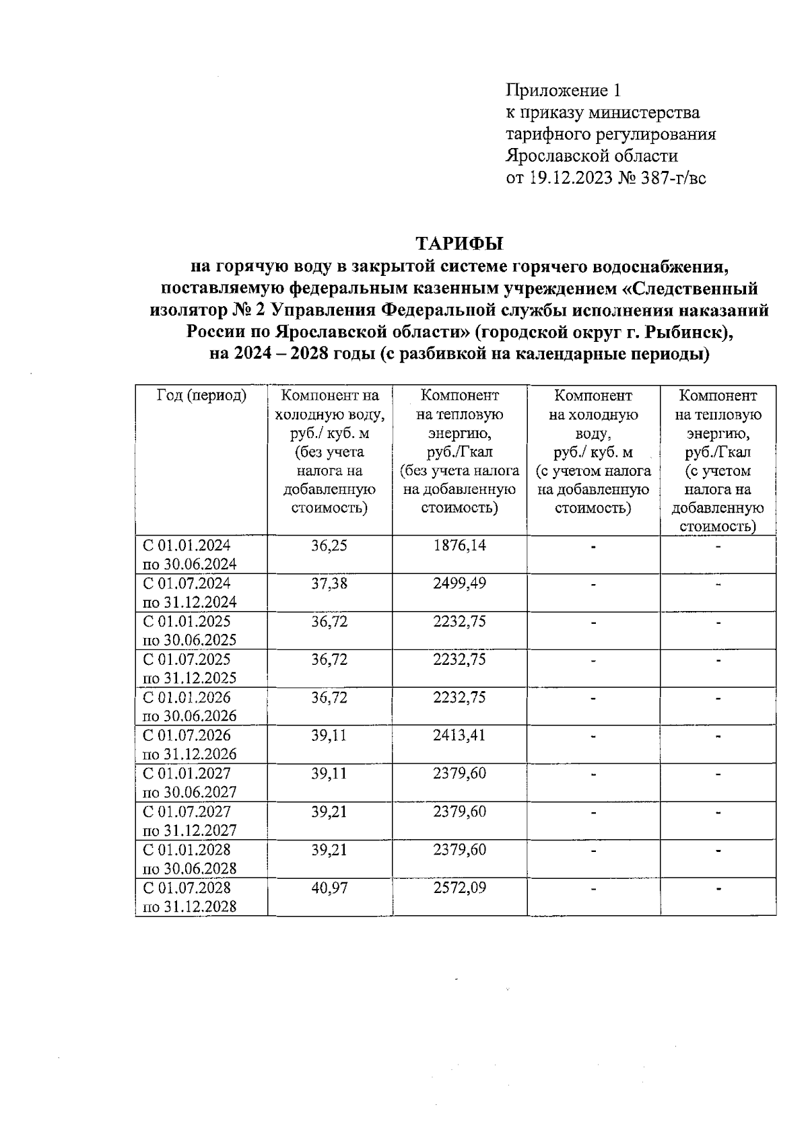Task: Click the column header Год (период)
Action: (201, 396)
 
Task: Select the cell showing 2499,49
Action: (459, 583)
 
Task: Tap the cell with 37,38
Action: (329, 583)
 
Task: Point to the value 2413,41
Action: (459, 735)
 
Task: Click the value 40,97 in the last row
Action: (329, 888)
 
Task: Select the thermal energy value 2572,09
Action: (459, 888)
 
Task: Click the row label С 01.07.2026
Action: (187, 735)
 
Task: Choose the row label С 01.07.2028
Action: (187, 888)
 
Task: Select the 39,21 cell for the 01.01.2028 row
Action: (329, 849)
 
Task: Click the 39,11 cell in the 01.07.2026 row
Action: (329, 735)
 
